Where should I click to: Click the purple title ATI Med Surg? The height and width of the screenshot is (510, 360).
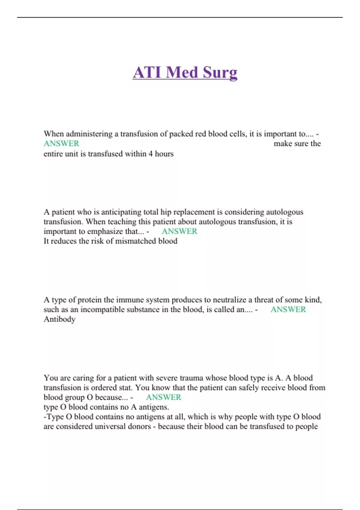tap(185, 73)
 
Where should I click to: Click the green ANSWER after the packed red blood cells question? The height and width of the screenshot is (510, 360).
tap(61, 144)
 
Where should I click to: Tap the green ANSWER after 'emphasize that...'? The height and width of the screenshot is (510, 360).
tap(179, 231)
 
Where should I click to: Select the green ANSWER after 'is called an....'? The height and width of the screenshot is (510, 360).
tap(288, 310)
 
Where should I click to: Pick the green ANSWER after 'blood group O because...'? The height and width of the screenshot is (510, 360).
tap(163, 397)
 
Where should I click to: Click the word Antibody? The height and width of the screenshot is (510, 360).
tap(59, 319)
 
